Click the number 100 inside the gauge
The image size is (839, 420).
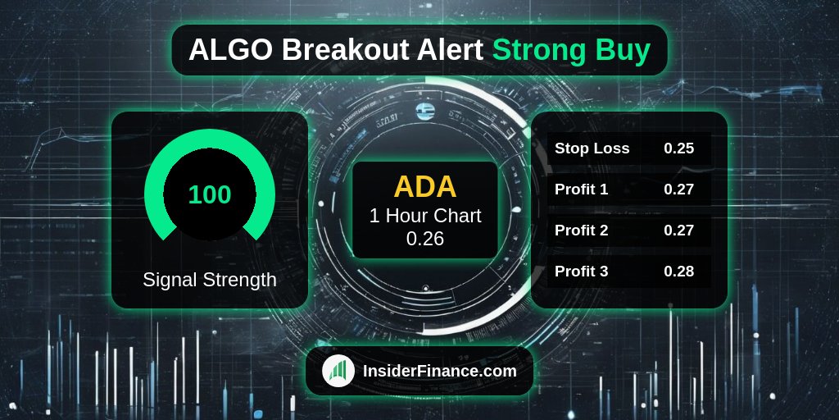click(x=210, y=195)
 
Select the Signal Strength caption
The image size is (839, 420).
click(x=210, y=280)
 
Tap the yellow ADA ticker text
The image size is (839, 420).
click(x=425, y=187)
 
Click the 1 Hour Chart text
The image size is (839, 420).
click(x=425, y=216)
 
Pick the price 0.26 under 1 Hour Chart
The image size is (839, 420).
click(x=425, y=239)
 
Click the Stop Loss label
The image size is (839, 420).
click(x=592, y=148)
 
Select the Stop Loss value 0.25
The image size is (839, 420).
click(x=679, y=148)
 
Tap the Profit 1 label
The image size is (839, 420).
click(x=581, y=189)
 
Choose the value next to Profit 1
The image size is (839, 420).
click(x=679, y=189)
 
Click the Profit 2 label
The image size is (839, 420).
click(x=581, y=231)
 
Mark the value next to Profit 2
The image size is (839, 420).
click(x=679, y=231)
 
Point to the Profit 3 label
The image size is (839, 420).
click(x=581, y=271)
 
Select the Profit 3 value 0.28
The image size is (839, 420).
click(x=679, y=271)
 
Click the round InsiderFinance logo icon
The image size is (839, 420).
click(x=338, y=371)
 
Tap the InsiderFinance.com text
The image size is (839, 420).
click(x=440, y=371)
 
